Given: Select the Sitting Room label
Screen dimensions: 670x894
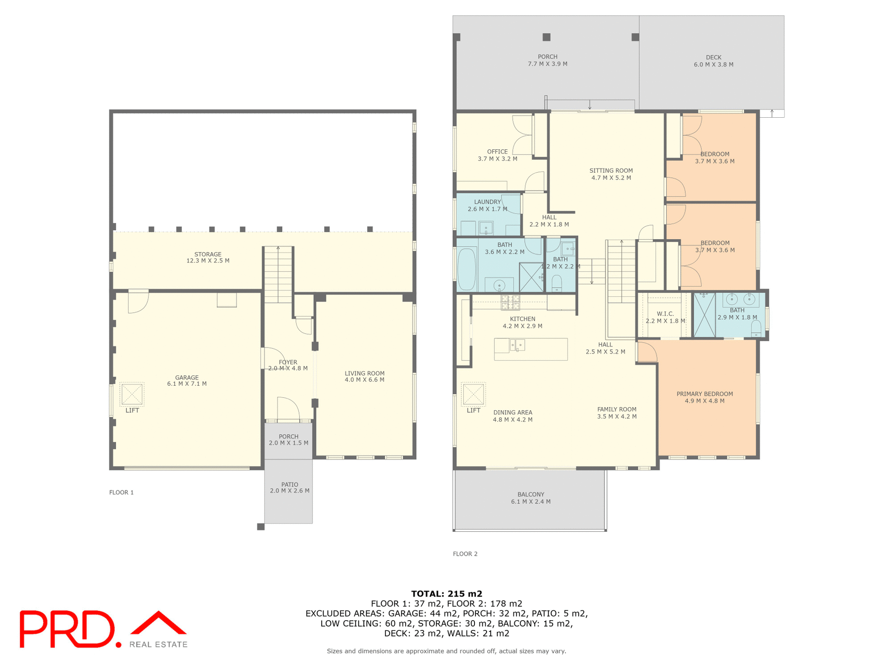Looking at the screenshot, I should [611, 171].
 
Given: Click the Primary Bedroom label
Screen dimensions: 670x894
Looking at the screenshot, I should [704, 394].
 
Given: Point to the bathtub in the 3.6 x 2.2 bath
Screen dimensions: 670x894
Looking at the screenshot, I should [467, 269].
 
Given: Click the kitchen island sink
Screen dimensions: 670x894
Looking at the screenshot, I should [517, 345].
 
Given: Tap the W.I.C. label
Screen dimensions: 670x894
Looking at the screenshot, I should [665, 314].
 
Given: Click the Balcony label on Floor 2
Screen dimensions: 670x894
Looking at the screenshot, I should [530, 495].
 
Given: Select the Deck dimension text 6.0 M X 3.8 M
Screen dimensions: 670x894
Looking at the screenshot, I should [713, 65].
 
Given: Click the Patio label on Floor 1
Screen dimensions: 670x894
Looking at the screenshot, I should [289, 484].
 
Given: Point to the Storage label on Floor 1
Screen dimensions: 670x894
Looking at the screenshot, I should [208, 255].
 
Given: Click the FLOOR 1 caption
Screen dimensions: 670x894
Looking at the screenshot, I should [122, 492].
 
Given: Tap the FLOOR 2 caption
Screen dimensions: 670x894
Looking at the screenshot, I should [465, 554].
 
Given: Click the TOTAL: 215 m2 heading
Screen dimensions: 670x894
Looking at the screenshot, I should [447, 594].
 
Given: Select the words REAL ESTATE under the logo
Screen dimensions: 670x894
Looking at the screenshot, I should [158, 644].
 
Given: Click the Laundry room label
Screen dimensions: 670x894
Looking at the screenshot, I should [487, 202].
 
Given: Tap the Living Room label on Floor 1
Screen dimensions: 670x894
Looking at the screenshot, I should [364, 373].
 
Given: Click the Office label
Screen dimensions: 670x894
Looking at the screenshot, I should [497, 152].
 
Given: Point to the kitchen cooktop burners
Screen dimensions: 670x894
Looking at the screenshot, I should [510, 302].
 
